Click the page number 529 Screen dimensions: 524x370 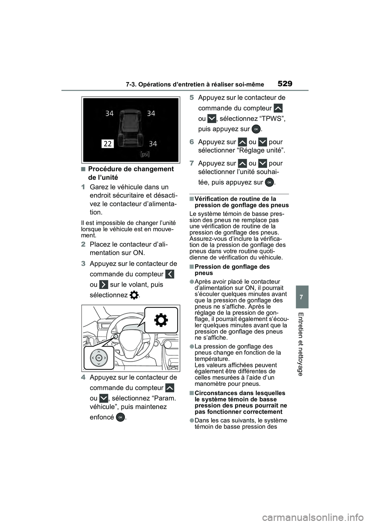284,83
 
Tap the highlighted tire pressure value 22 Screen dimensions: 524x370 108,144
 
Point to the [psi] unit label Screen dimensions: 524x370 145,154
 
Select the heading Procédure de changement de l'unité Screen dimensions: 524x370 131,173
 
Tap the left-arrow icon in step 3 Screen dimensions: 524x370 170,274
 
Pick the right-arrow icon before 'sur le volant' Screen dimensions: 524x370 104,285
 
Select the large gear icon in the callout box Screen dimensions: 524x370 161,321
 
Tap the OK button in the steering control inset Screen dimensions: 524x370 99,358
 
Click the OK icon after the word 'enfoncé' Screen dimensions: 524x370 120,417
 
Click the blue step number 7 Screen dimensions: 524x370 192,163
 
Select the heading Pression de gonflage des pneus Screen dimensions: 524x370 232,270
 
